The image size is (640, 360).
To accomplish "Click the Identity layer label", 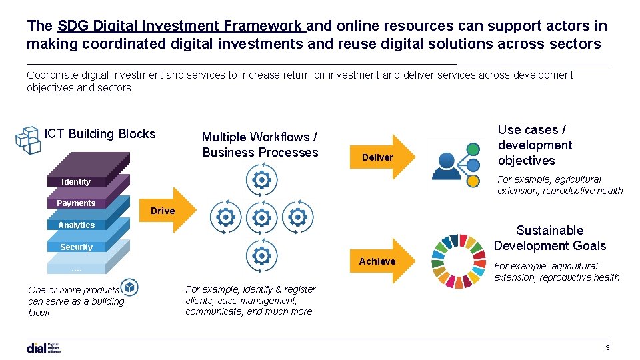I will coord(76,181).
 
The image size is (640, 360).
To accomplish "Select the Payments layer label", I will coord(76,203).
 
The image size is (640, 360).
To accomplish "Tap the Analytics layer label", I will coord(76,225).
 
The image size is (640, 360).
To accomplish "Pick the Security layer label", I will coord(76,247).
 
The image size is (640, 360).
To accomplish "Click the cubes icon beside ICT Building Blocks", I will coord(28,140).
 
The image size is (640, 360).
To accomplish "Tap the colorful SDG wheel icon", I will coord(459,261).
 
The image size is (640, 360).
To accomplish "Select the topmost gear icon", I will coord(262,180).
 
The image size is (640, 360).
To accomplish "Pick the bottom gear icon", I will coord(262,256).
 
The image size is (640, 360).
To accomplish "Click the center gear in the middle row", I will coord(262,217).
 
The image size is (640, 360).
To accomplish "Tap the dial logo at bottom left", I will coord(44,347).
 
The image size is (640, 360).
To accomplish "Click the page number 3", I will coord(607,348).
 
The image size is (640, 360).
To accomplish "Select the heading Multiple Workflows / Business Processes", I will coord(260,145).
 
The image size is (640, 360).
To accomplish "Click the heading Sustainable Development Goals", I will coord(549,238).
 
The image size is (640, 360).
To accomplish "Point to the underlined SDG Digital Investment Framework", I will coord(181,26).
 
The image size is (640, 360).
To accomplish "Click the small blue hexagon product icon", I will coord(130,287).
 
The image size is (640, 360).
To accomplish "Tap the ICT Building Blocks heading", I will coord(100,134).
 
